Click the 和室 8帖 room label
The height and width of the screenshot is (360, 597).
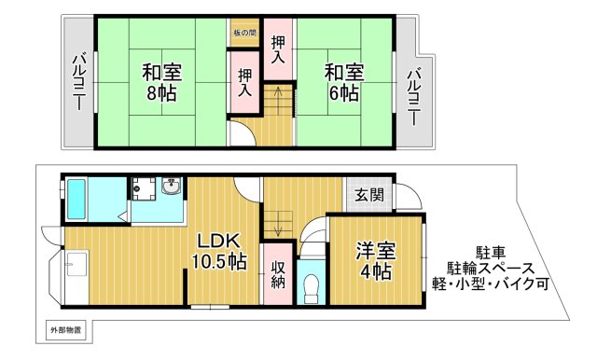click(x=162, y=82)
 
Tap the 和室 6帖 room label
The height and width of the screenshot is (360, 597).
click(x=342, y=82)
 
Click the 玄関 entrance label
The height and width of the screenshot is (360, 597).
click(x=368, y=195)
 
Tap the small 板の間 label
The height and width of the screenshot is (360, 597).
click(x=245, y=33)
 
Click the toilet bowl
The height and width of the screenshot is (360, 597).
click(x=312, y=286)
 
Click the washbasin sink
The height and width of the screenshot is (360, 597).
click(x=171, y=189)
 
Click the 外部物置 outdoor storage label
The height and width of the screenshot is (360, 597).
click(x=65, y=330)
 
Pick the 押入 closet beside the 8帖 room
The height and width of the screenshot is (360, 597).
click(x=244, y=83)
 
